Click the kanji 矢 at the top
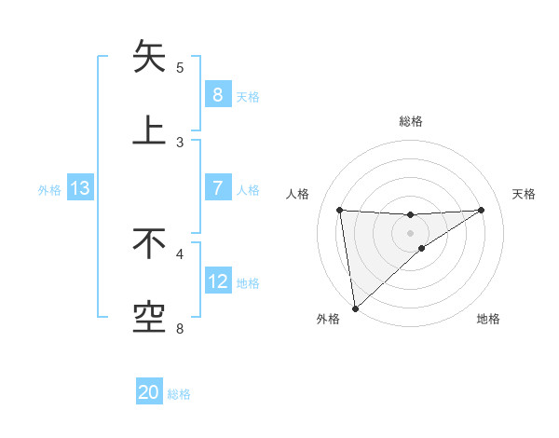[150, 57]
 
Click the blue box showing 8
[217, 94]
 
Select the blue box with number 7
[217, 188]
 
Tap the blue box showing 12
[217, 281]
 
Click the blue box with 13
[80, 188]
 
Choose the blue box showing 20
[149, 392]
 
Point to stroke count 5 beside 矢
[180, 68]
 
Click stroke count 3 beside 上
[180, 143]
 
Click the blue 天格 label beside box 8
[248, 96]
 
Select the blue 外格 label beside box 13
[49, 189]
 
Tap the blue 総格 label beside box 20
[179, 394]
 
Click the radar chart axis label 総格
[410, 121]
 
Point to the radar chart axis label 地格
[488, 319]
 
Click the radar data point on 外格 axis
[354, 308]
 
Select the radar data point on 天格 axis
[482, 210]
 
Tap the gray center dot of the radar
[410, 232]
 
